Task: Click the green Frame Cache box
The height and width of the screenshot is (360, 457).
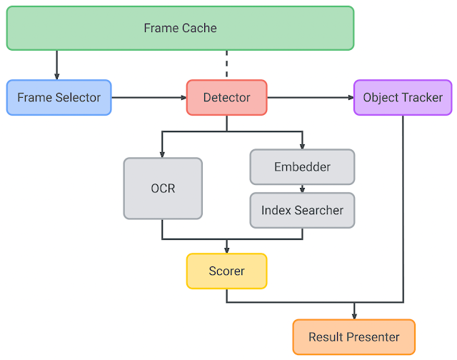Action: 180,29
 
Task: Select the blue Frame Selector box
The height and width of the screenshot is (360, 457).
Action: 59,97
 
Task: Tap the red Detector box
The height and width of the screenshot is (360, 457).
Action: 227,97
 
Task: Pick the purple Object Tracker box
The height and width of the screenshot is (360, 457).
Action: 403,97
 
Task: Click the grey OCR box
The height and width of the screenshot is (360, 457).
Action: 163,189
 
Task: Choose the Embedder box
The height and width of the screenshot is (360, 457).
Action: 302,166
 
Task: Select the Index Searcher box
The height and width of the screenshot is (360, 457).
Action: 302,210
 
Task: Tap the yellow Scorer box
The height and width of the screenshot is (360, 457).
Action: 227,271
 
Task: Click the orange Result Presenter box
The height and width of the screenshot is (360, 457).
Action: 354,337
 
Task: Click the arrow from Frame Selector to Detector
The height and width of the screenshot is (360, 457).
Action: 149,97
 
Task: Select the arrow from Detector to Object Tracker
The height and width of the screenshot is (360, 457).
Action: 311,97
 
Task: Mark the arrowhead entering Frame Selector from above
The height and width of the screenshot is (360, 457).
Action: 57,76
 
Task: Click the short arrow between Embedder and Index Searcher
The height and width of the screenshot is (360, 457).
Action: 302,189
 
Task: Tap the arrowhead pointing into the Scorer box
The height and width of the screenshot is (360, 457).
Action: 227,251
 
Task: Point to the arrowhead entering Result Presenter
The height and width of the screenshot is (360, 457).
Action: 354,316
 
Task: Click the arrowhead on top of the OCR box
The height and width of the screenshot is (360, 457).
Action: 162,154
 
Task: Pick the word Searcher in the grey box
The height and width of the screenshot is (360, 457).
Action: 319,210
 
